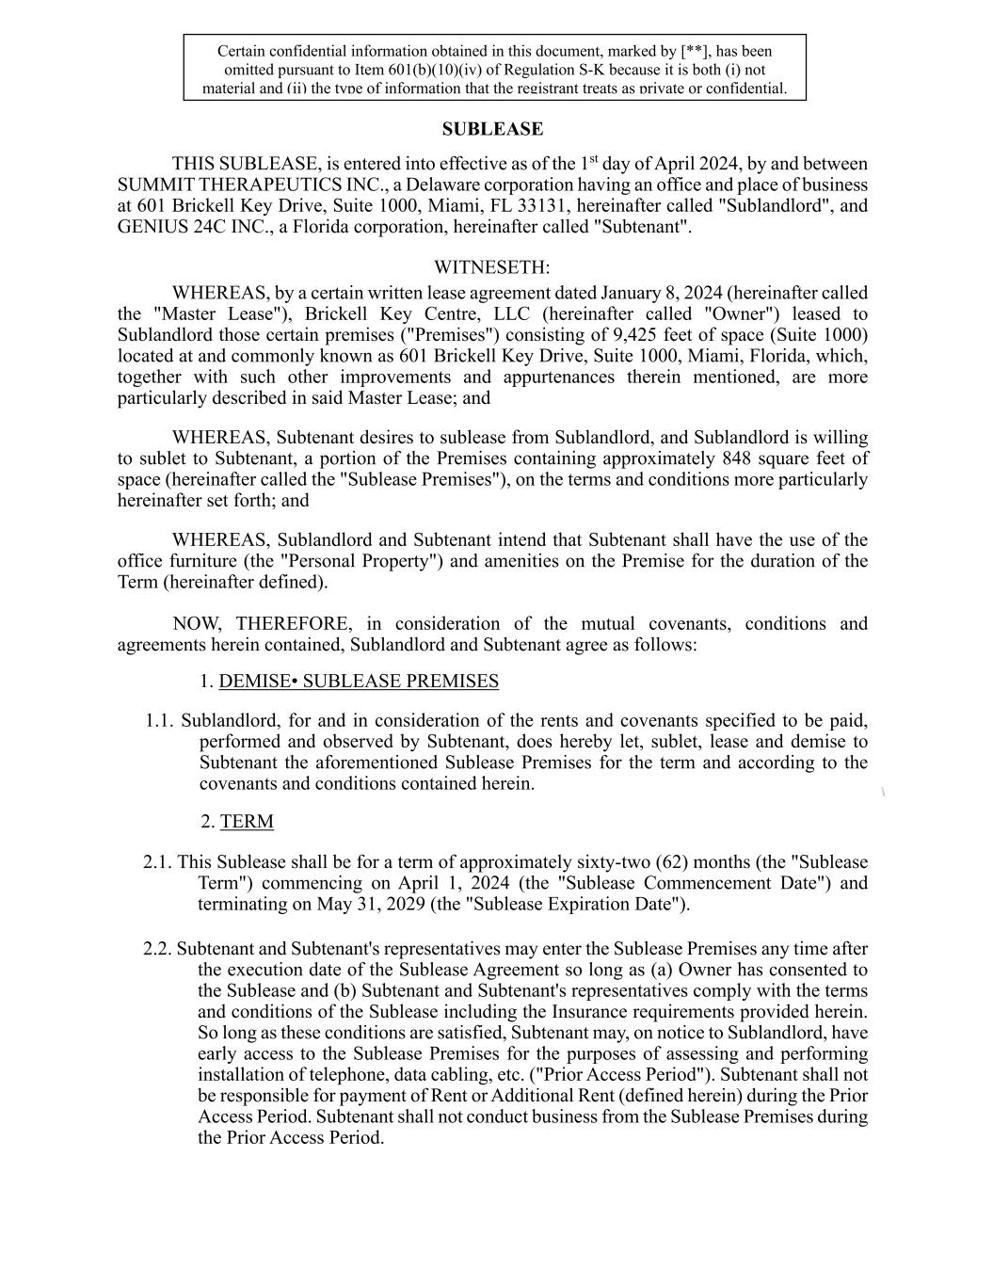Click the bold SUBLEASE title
(x=492, y=129)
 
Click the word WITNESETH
(x=491, y=268)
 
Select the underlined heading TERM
(x=247, y=822)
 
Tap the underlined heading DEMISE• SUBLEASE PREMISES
(x=359, y=682)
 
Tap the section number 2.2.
(x=157, y=949)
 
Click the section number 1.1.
(x=160, y=721)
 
